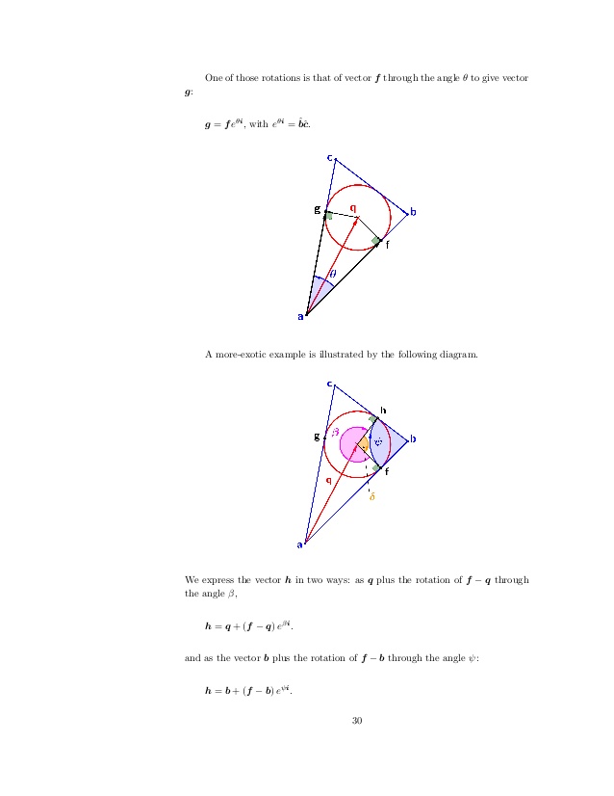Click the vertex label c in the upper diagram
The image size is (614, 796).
coord(330,157)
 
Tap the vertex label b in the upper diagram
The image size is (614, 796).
coord(413,212)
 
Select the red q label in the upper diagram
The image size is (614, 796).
coord(352,206)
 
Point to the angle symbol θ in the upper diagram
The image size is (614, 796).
coord(332,274)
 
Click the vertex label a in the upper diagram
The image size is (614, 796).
coord(300,315)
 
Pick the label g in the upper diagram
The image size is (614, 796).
coord(317,208)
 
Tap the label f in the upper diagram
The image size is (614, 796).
coord(387,245)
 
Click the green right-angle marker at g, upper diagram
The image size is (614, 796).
coord(329,216)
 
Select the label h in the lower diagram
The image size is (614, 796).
coord(383,410)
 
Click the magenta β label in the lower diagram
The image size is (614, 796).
coord(335,433)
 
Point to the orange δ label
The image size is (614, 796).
coord(371,496)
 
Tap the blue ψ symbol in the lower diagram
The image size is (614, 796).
coord(378,443)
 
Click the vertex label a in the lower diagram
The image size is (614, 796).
coord(299,544)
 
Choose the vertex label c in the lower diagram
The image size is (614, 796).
coord(330,384)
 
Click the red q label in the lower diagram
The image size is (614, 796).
coord(329,478)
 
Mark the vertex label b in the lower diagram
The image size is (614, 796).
coord(413,439)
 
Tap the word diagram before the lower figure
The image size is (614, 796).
coord(453,356)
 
